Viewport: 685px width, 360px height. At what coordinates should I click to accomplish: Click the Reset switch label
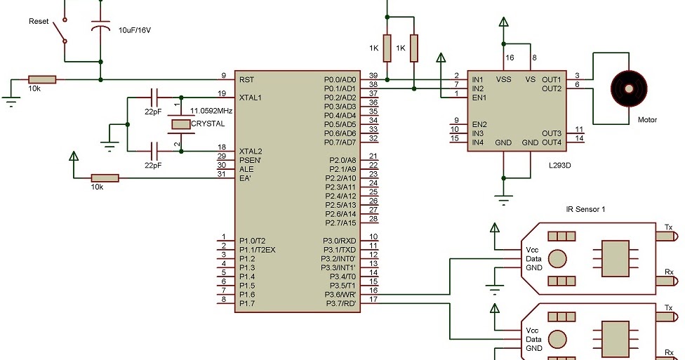[x=39, y=22]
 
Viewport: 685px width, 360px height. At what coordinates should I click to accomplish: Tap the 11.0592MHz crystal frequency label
[x=211, y=111]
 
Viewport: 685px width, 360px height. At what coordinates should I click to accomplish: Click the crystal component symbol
[x=181, y=124]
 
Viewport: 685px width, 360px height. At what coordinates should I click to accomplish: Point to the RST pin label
[x=246, y=79]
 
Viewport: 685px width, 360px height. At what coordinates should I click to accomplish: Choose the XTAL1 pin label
[x=251, y=98]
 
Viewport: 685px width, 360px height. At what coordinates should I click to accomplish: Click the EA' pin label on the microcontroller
[x=246, y=178]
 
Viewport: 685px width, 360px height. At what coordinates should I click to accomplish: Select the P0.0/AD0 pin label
[x=340, y=79]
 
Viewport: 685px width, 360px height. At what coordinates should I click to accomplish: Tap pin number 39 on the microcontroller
[x=373, y=76]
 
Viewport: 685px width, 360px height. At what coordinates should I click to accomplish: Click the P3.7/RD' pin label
[x=340, y=303]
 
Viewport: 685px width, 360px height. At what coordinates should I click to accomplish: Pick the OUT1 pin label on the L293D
[x=552, y=79]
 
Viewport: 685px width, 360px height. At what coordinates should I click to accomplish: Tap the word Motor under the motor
[x=647, y=120]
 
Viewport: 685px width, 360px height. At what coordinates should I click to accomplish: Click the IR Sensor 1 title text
[x=585, y=209]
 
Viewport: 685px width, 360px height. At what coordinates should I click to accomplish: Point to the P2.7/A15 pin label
[x=342, y=222]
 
